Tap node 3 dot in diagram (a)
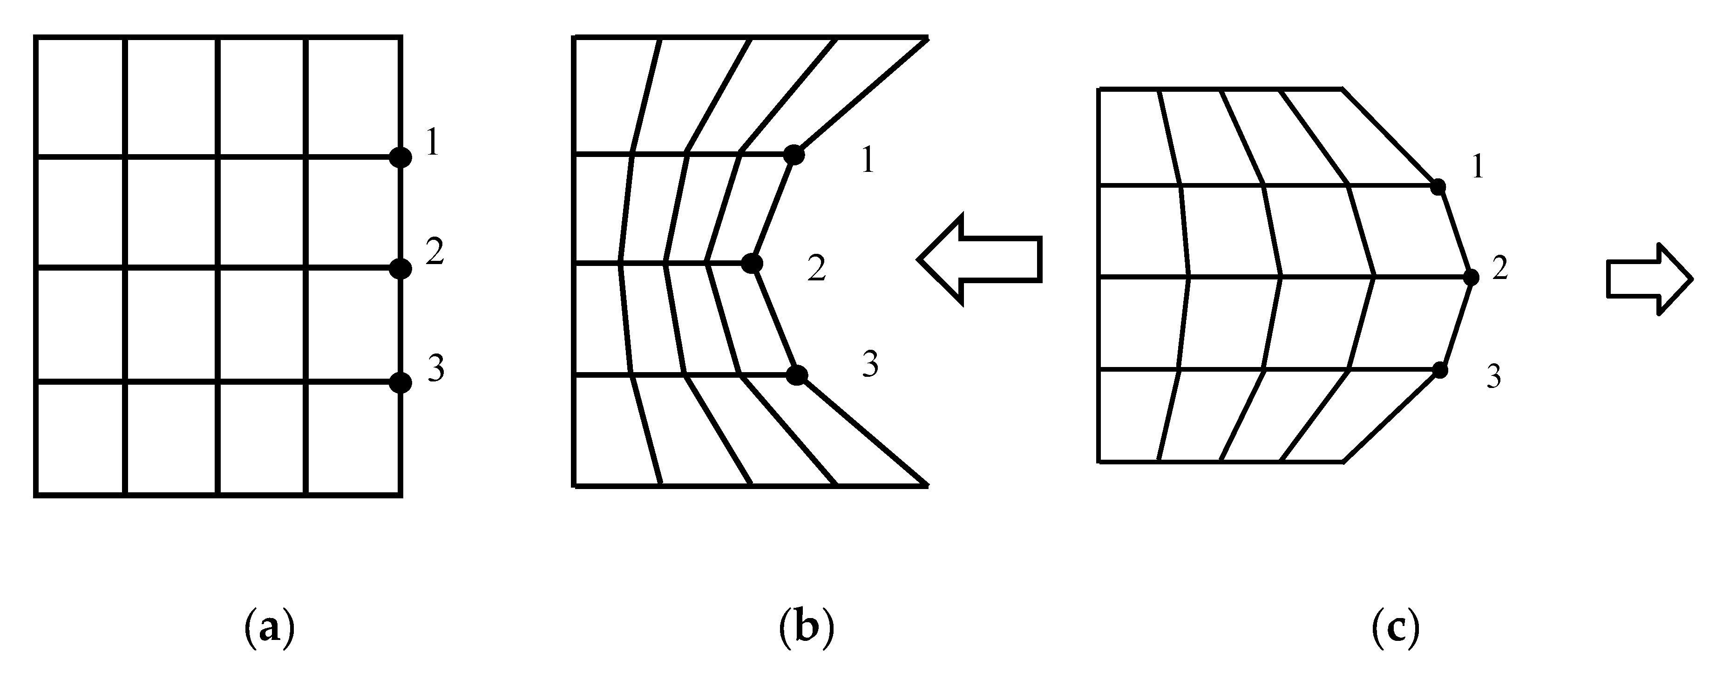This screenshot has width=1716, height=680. tap(400, 382)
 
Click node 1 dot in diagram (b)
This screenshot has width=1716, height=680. tap(794, 155)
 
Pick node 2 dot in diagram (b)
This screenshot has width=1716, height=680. tap(752, 263)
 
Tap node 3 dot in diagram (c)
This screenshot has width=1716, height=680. tap(1439, 370)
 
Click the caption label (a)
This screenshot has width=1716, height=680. tap(270, 627)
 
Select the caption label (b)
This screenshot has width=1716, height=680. tap(806, 627)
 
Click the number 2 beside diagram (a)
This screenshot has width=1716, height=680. tap(434, 252)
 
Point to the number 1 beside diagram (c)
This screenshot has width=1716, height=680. tap(1478, 168)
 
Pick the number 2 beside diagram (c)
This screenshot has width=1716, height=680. tap(1499, 268)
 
